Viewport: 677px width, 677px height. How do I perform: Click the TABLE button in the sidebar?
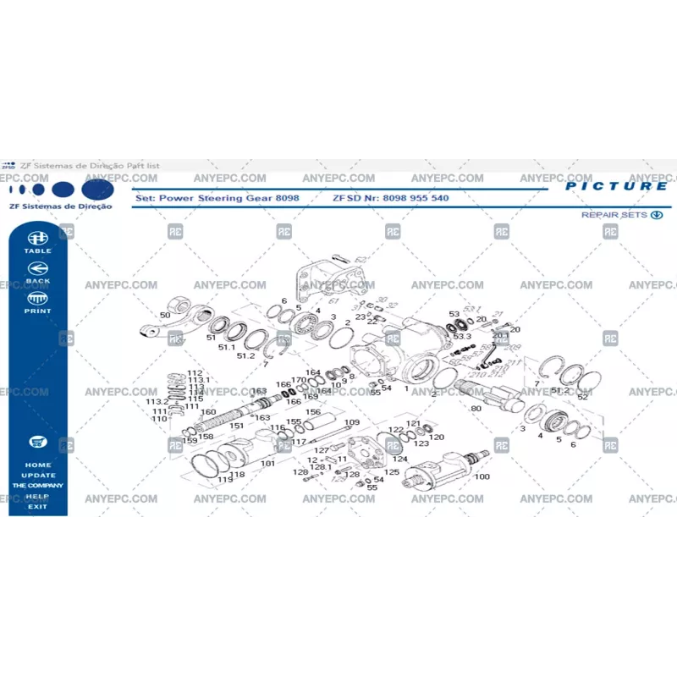37,242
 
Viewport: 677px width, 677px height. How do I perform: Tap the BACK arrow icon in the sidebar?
37,271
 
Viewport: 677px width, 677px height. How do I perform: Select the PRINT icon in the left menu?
37,300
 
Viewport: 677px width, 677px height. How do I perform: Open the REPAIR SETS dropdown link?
620,215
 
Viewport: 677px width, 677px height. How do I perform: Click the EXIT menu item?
37,506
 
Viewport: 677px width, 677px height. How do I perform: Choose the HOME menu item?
37,465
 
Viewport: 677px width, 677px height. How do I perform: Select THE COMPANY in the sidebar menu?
37,486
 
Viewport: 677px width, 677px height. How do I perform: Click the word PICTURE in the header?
616,186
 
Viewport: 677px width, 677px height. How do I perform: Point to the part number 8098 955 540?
416,198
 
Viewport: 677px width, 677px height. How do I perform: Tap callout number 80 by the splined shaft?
476,409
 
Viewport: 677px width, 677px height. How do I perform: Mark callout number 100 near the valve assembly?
482,477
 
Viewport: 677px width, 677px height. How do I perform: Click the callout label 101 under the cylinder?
267,464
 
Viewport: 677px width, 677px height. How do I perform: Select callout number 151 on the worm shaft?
237,426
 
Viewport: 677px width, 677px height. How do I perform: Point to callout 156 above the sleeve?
313,413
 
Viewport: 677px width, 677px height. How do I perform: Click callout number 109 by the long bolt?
352,422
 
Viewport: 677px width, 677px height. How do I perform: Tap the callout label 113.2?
157,402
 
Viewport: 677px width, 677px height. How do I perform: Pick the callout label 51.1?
227,347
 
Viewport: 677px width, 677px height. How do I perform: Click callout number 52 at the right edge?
582,397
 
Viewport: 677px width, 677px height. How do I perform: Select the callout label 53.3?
461,337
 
